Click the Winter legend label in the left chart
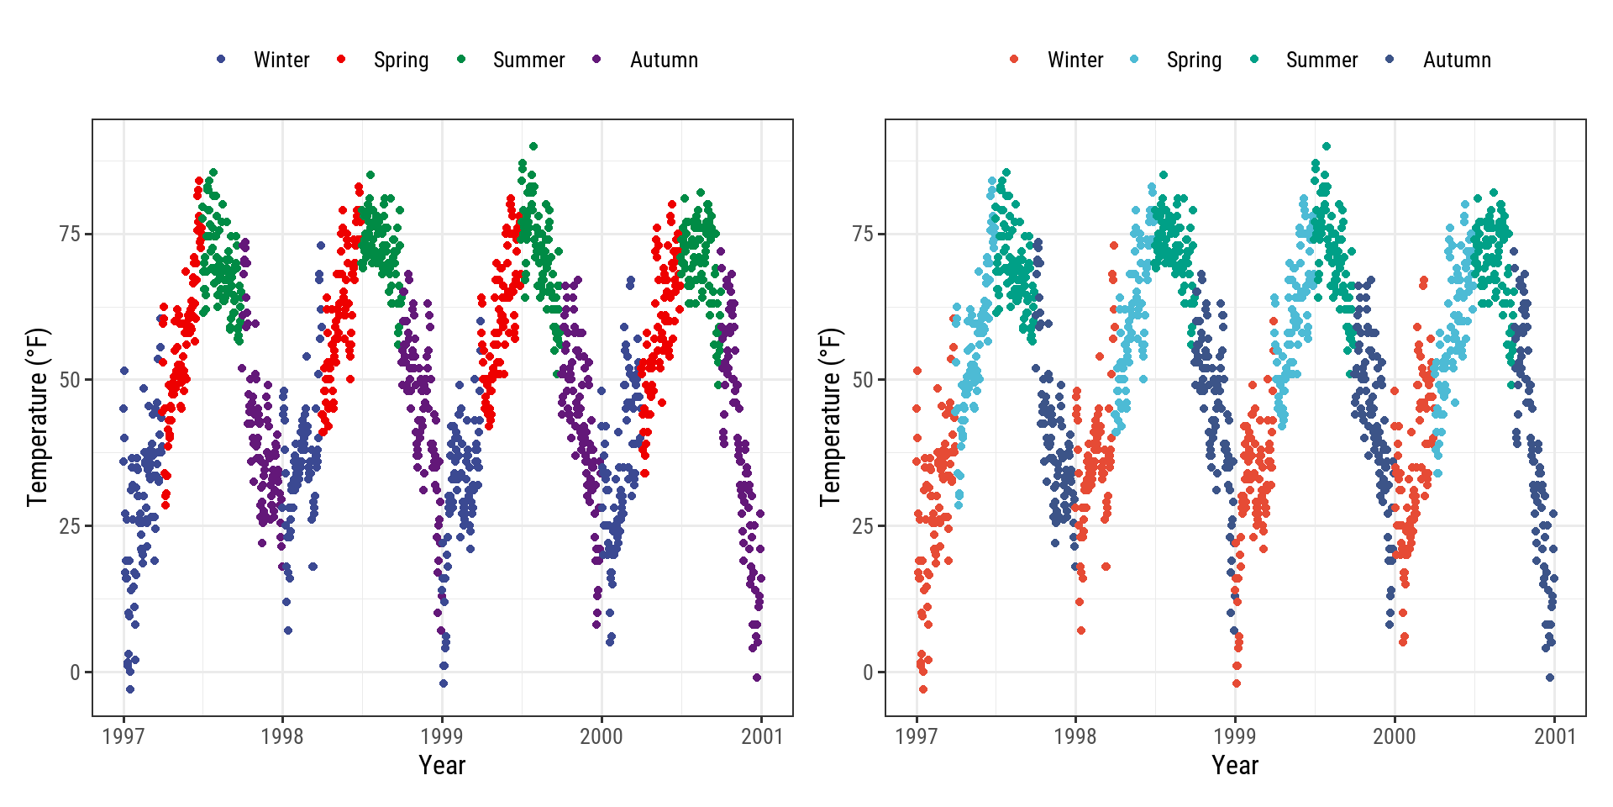pos(281,60)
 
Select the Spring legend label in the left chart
pos(401,60)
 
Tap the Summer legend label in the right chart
pos(1321,60)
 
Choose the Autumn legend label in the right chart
pos(1457,60)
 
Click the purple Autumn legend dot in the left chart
pos(596,59)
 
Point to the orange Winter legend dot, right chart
pos(1014,59)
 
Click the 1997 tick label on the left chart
pos(123,736)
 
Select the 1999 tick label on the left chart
pos(442,736)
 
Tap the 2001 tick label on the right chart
pos(1555,736)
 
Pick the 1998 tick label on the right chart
pos(1075,736)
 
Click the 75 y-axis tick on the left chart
pos(70,234)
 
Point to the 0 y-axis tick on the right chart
pos(869,672)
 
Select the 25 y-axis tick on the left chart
pos(70,526)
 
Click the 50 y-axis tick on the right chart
pos(863,380)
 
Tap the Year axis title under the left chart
pos(442,765)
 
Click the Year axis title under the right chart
pos(1235,765)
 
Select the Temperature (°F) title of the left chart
pos(38,417)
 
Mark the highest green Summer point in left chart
pos(533,146)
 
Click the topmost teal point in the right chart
pos(1327,146)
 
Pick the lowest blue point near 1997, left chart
pos(129,689)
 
